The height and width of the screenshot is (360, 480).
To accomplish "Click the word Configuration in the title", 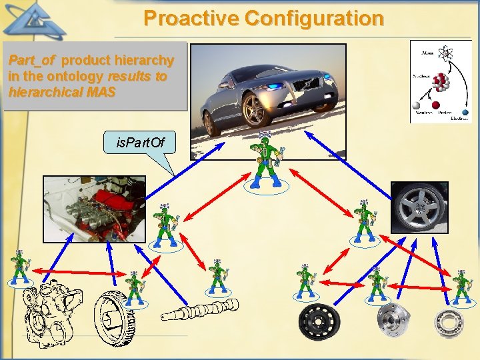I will point(314,18).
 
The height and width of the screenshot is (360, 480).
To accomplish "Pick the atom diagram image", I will point(439,81).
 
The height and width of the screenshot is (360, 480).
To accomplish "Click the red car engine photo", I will point(94,208).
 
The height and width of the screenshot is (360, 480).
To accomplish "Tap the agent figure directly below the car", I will point(267,160).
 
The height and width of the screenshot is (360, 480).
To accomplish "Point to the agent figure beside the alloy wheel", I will point(363,220).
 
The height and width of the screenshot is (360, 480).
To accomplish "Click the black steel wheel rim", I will point(321,323).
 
